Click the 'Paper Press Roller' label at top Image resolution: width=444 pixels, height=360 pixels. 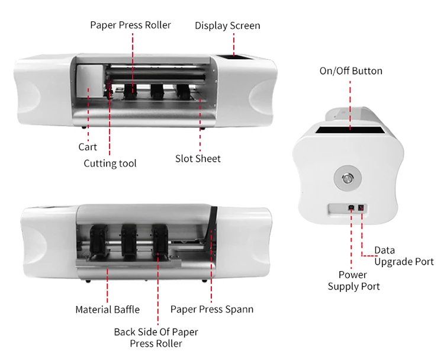coord(130,25)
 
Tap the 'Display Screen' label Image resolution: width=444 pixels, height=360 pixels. coord(227,25)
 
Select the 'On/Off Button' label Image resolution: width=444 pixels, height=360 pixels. coord(350,71)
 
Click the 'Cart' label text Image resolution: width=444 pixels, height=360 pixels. coord(88,147)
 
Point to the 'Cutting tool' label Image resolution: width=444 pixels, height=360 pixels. coord(110,163)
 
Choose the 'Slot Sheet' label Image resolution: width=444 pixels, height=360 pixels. coord(198,159)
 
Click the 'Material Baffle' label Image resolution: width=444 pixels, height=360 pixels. coord(107,309)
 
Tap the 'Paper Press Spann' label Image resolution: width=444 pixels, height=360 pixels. coord(212,309)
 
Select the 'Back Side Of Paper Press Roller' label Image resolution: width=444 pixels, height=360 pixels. coord(156,337)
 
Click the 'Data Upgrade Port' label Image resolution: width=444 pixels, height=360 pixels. coord(404,256)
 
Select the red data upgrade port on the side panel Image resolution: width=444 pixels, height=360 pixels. coord(361,208)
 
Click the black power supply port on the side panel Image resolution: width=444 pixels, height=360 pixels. coord(350,208)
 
